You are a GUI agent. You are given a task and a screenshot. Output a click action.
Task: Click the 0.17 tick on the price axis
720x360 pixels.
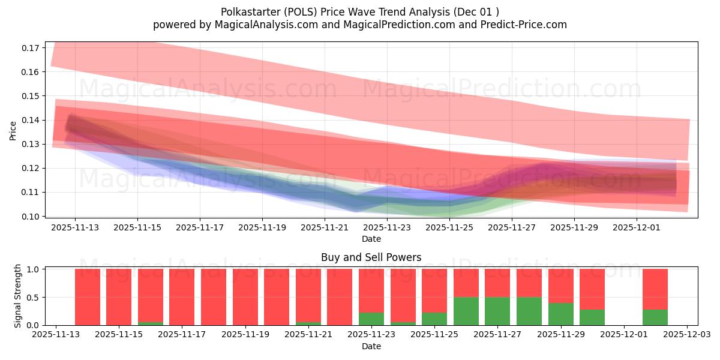point(30,47)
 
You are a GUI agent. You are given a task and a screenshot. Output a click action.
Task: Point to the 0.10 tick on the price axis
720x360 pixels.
point(30,216)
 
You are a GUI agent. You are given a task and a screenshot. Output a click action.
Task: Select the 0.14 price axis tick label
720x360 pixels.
point(30,120)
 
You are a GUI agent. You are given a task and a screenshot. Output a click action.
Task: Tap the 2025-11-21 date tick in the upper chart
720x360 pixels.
point(325,227)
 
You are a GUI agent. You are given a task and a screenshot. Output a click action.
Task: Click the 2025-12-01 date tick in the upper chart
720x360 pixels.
point(637,227)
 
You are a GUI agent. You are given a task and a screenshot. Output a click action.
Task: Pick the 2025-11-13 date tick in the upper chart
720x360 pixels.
point(75,227)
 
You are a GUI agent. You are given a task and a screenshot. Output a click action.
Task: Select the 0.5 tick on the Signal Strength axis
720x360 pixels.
point(34,297)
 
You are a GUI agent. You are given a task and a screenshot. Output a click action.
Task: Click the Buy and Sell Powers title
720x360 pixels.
point(371,257)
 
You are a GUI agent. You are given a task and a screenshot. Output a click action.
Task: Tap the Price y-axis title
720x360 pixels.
point(13,130)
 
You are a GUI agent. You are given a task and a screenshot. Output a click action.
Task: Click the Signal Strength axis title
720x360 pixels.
point(18,296)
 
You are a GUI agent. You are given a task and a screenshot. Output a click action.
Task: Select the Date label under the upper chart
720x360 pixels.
point(371,239)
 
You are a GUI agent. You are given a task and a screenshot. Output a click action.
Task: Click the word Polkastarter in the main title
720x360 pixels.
point(250,11)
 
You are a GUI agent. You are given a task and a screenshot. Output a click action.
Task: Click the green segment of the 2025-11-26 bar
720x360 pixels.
point(466,311)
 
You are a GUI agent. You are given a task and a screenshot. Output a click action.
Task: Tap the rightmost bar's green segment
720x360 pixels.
point(655,317)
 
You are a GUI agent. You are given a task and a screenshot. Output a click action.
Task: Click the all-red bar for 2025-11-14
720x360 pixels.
point(87,297)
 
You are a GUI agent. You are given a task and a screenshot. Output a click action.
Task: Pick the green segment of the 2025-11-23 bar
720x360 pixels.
point(371,319)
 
